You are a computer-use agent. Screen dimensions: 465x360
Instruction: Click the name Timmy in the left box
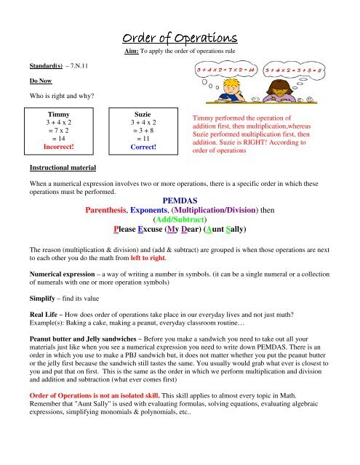(58, 115)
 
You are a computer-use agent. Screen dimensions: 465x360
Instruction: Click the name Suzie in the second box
(143, 115)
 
